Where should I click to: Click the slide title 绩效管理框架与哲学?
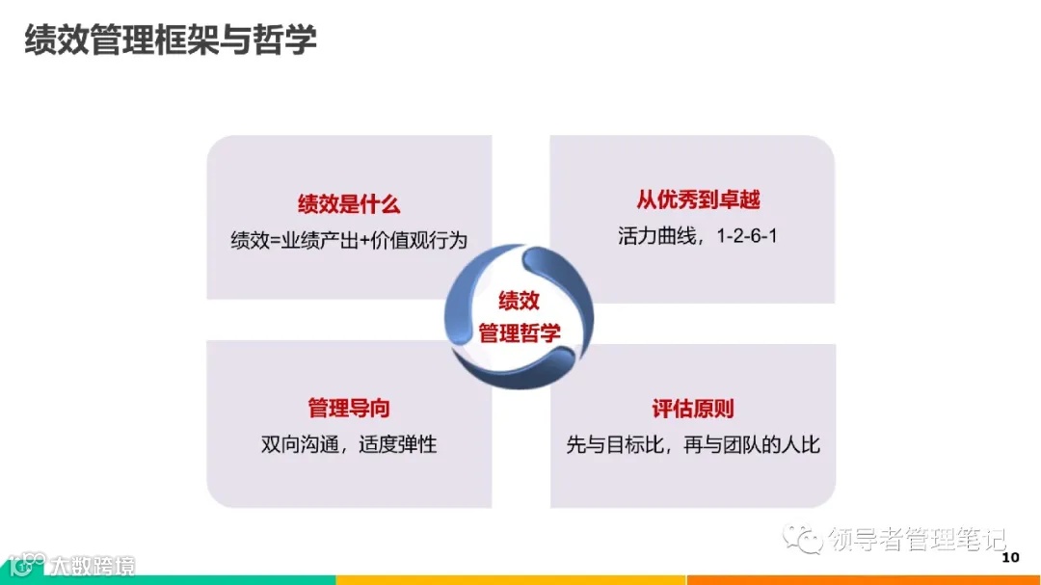tap(170, 40)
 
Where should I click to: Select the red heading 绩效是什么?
tap(348, 204)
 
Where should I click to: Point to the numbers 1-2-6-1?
tap(746, 235)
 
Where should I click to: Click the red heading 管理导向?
tap(348, 409)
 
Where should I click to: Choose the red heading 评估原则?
tap(693, 409)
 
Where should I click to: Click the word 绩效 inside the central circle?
tap(519, 301)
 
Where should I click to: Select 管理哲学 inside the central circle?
tap(519, 333)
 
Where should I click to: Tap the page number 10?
tap(1010, 558)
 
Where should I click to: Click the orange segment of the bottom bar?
tap(863, 580)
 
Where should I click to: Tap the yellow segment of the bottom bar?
tap(511, 580)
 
